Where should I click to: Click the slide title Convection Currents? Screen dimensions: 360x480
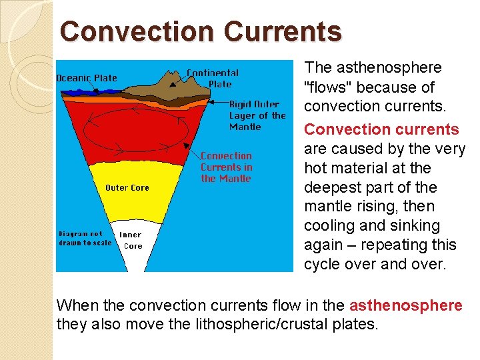point(201,31)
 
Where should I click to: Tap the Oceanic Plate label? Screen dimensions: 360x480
point(86,78)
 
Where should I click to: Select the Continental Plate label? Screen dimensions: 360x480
point(213,78)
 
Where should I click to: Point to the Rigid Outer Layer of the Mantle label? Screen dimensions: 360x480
point(257,115)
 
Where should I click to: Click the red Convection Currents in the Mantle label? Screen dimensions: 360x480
point(226,167)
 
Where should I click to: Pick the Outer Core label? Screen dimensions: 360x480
point(127,187)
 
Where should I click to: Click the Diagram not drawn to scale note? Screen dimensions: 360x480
point(85,238)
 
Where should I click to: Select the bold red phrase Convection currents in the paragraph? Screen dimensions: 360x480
point(381,129)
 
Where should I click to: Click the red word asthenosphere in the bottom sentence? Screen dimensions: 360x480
point(405,305)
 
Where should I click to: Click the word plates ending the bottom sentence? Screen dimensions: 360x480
point(357,325)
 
